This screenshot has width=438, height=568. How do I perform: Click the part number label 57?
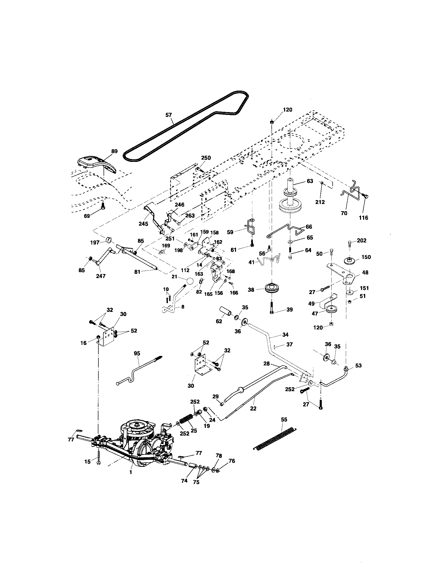coord(169,115)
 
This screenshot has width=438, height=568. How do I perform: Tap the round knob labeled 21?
coord(190,282)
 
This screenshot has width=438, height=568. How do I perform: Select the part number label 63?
coord(310,181)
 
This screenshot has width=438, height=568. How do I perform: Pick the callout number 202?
coord(362,241)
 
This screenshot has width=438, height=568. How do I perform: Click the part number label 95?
coord(137,353)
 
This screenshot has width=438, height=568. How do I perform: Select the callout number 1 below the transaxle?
coord(131,472)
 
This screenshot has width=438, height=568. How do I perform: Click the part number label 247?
coord(101,276)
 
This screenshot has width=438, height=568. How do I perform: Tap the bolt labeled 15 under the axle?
coord(99,459)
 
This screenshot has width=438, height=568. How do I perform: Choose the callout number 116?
coord(363,218)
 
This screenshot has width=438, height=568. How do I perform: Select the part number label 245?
coord(143,224)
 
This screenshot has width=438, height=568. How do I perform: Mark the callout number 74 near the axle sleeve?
coord(184,481)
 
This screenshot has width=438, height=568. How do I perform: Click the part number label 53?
coord(358,365)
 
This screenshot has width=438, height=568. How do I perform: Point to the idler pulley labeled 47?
coord(332,310)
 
